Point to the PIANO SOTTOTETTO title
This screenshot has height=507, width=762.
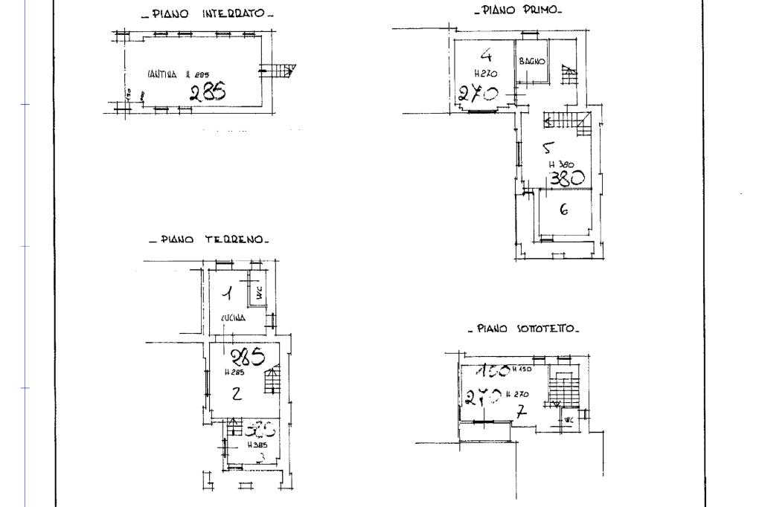(524, 329)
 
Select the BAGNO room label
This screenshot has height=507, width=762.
(533, 61)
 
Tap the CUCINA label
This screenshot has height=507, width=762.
(233, 317)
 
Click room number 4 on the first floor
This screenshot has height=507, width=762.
(486, 54)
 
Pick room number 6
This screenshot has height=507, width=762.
(563, 210)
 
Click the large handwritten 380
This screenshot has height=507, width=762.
(566, 178)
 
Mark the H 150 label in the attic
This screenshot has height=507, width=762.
(521, 370)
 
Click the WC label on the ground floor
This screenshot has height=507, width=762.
(259, 294)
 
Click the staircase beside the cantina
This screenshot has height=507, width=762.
(281, 71)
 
